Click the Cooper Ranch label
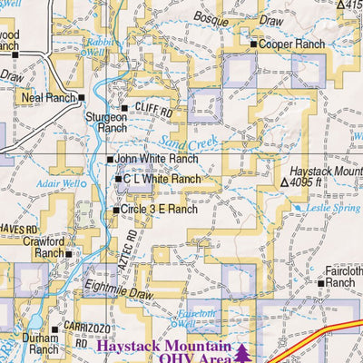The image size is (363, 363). point(291,44)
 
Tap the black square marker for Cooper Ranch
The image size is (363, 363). point(253,44)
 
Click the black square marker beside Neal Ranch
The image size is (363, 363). point(81,97)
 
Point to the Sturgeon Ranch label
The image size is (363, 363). point(106,123)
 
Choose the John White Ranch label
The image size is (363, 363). point(155,160)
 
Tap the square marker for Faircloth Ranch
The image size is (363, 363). point(320,282)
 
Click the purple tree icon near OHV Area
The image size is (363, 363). point(243,350)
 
